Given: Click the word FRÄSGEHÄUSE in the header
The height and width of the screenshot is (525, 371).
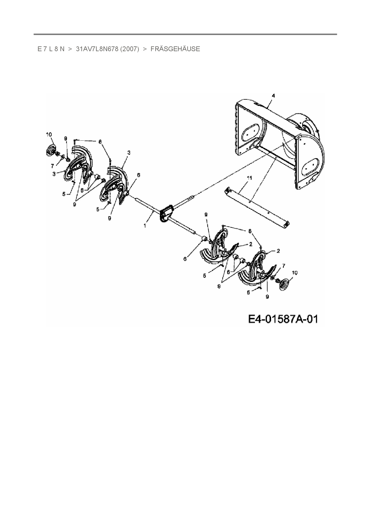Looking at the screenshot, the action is tap(175, 49).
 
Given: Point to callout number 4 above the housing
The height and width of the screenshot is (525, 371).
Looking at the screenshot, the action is tap(273, 95).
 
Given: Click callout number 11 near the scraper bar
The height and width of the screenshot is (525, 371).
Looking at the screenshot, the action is tap(249, 178).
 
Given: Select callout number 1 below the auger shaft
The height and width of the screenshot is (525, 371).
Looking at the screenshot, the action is tap(145, 226).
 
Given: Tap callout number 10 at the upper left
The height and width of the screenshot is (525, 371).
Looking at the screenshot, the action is tap(49, 135).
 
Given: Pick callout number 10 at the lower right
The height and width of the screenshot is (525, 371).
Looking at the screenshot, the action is tap(295, 273).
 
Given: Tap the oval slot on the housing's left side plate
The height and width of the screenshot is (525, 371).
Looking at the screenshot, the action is tap(250, 132).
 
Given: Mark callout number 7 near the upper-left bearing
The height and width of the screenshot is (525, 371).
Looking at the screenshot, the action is tap(53, 166).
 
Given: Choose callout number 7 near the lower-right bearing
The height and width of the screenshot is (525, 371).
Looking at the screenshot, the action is tap(283, 265).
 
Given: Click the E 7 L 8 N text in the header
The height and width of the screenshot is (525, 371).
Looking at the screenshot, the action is tap(51, 49).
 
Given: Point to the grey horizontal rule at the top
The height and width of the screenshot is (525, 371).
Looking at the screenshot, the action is tap(185, 34).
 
